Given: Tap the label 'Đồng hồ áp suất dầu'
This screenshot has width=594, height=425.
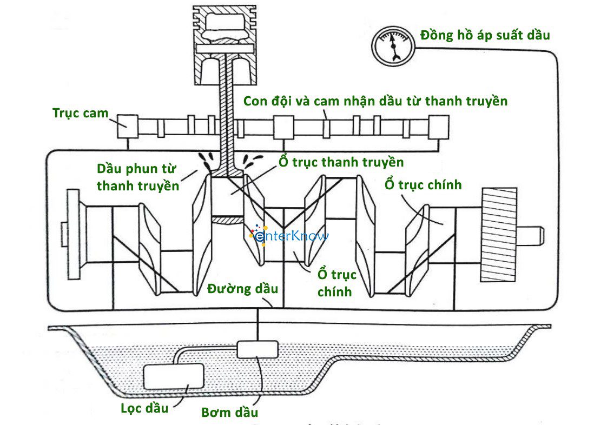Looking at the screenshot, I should coord(485,36).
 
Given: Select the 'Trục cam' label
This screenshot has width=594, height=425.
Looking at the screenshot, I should coord(80,113).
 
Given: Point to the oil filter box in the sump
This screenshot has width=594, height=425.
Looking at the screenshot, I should coord(173,376).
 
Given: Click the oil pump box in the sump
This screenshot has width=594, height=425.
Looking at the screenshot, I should coord(258,349).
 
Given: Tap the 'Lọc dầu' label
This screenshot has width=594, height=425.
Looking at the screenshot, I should coord(144,407).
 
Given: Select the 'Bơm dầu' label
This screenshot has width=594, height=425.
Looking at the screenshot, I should coord(229,413).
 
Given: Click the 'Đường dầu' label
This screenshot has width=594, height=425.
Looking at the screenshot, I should coord(243,288).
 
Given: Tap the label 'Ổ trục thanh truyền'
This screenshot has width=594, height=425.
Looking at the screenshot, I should coord(341,162).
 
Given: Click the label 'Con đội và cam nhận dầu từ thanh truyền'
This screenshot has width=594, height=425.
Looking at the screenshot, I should coord(375,101).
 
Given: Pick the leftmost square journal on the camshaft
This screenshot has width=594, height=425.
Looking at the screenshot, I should coord(128,127).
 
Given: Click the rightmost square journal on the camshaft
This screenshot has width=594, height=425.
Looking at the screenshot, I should coord(438,128).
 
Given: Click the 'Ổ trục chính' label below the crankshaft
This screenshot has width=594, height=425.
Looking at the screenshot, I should coord(335,282).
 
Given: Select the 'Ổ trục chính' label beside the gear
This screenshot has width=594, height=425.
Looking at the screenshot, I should coord(423,185).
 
